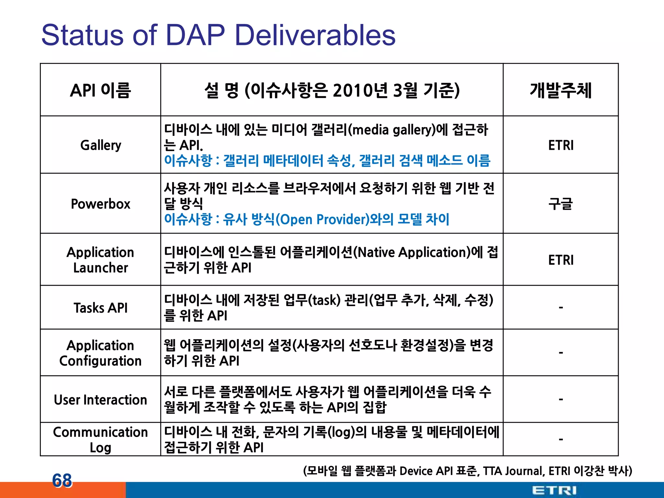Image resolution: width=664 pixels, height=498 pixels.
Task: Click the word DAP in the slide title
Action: (195, 35)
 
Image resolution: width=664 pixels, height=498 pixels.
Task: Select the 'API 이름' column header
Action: (101, 90)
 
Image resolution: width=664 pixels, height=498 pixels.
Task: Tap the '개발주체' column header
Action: (561, 90)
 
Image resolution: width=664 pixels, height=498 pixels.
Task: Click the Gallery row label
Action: (101, 145)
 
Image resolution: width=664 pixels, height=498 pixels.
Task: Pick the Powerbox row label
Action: (101, 204)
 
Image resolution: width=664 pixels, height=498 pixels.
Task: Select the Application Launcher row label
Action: (101, 260)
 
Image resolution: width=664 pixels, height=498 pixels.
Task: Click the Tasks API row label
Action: (101, 308)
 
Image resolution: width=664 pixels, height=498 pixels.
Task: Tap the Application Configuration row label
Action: (101, 353)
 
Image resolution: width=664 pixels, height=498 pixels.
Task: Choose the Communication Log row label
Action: (101, 440)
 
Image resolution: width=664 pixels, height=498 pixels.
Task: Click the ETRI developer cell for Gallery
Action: (561, 145)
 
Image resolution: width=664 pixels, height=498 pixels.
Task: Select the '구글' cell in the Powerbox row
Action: (561, 204)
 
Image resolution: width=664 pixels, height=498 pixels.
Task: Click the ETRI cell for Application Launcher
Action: (561, 260)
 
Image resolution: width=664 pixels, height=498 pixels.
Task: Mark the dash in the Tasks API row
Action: (561, 307)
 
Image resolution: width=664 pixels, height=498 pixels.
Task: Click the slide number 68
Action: (62, 480)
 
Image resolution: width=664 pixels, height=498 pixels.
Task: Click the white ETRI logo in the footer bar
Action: (554, 490)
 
